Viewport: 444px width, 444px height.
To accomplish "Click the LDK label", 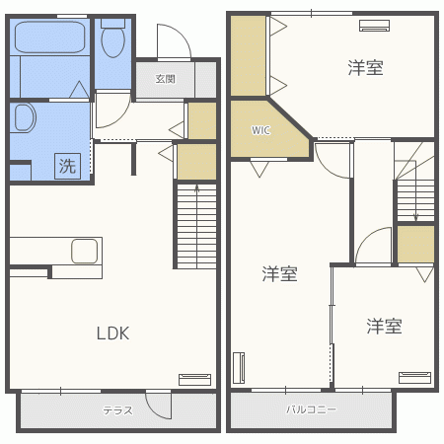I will (x=112, y=333).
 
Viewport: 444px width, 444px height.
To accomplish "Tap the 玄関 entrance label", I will (x=165, y=80).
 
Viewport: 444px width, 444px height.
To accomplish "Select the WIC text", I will (x=260, y=129).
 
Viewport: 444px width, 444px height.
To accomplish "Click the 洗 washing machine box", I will (x=67, y=167).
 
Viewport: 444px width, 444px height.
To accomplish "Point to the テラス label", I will (x=117, y=409).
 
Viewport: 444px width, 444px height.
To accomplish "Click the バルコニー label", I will (x=311, y=408).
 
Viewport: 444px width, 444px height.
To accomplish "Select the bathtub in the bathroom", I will (x=49, y=40).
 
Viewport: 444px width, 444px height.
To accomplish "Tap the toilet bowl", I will (x=112, y=42).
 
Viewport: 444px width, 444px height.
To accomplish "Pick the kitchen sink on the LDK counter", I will (x=83, y=250).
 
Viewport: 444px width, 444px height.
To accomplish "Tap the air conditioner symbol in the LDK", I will (x=194, y=378).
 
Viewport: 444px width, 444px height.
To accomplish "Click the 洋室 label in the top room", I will (x=365, y=68).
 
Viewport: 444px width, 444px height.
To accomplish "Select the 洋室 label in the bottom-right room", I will (x=385, y=326).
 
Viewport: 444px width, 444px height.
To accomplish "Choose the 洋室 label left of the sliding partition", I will (x=280, y=274).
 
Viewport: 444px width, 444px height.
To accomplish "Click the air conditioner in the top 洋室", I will (x=375, y=26).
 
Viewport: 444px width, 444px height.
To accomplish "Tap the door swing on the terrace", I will (x=156, y=406).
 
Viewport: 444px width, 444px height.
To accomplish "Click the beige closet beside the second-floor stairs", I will (x=415, y=244).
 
